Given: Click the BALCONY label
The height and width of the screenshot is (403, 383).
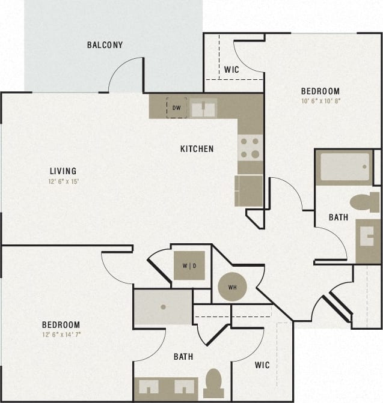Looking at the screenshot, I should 105,45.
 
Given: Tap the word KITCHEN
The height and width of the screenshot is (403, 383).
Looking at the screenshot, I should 197,149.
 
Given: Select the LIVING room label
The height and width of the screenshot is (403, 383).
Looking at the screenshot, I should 63,171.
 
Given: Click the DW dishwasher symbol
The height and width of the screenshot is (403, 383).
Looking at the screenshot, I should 176,108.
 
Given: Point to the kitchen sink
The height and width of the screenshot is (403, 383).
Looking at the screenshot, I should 203,108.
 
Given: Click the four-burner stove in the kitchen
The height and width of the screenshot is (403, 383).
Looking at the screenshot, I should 250,147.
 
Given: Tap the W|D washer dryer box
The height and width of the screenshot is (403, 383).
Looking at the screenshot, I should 189,265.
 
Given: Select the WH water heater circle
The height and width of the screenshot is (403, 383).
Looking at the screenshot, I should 232,287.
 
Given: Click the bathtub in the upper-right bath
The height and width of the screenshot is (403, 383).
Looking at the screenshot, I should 344,167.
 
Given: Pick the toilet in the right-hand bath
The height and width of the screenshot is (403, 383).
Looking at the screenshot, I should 364,202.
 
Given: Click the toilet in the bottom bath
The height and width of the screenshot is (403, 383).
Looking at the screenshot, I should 213,383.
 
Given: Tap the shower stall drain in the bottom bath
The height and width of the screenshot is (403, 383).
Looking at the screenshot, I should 163,306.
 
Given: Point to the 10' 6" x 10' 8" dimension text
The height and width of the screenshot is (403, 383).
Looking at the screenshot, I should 320,101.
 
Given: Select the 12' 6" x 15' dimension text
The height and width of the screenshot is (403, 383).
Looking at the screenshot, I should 63,181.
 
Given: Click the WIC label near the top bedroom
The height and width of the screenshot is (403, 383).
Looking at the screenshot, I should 231,70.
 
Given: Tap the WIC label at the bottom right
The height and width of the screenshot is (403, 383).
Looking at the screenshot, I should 262,365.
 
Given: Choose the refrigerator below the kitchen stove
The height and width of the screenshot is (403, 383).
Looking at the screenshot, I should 249,190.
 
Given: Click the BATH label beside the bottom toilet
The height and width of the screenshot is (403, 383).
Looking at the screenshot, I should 183,357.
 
